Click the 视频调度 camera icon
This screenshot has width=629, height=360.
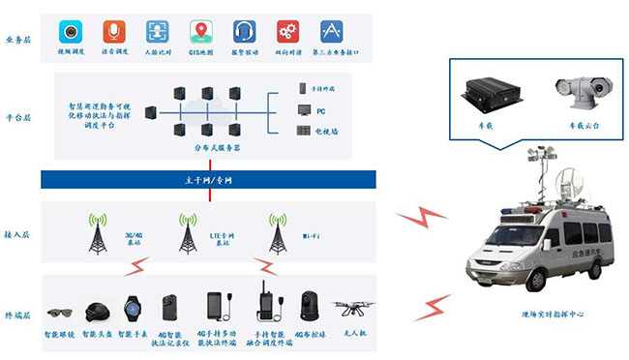70,31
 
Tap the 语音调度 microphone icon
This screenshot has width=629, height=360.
113,31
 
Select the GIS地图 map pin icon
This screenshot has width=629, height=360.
200,31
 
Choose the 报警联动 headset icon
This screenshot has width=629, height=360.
244,31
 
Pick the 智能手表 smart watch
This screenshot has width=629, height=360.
133,310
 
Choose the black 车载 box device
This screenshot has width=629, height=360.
492,94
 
